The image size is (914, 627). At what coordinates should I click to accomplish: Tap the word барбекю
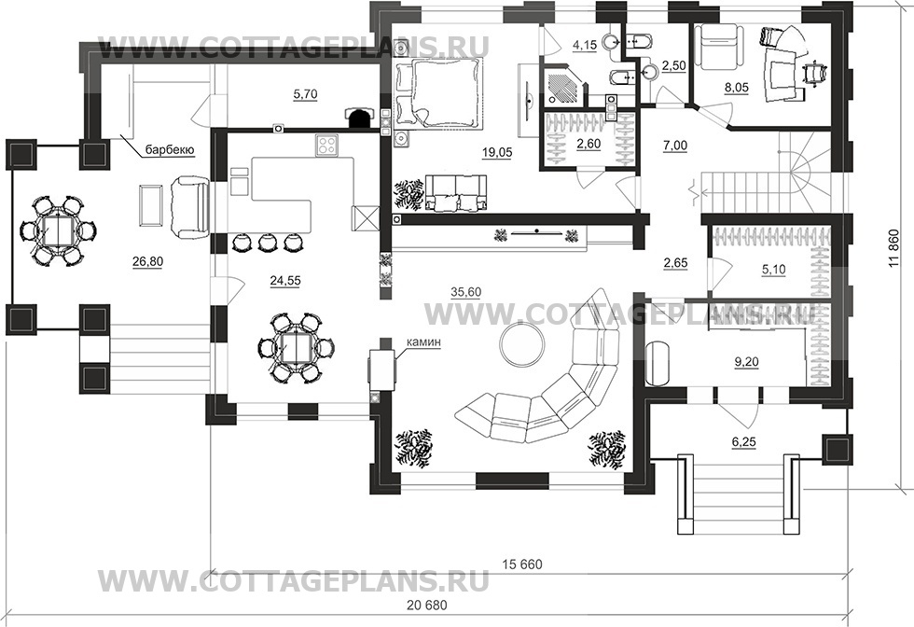pos(169,149)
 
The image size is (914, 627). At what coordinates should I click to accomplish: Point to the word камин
pos(422,342)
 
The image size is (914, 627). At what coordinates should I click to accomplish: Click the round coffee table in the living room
pos(521,343)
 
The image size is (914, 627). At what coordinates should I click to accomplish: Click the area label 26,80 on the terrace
pos(147,262)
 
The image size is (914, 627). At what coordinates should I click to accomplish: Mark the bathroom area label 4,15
pos(585,44)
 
